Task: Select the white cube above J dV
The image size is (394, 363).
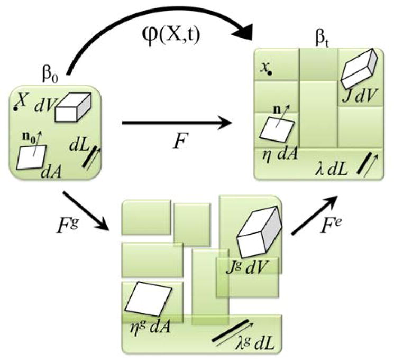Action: (x=360, y=68)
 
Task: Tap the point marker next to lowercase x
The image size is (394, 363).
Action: (x=270, y=73)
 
